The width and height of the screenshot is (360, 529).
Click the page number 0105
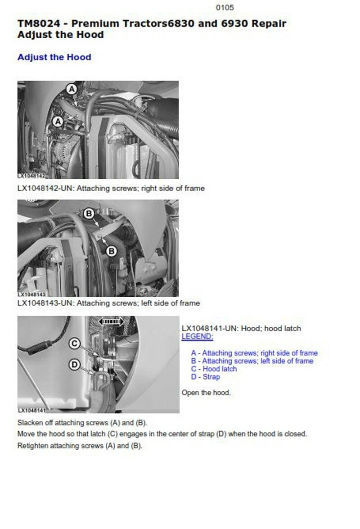pos(225,7)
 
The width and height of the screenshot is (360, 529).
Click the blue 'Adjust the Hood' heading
pos(54,57)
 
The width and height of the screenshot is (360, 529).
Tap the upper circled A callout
pos(72,90)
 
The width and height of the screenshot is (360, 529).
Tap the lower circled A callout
pos(58,122)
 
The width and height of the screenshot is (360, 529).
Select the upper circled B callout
pos(89,213)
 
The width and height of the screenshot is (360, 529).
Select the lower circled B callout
pos(111,251)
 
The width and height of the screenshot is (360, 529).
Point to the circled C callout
pos(75,344)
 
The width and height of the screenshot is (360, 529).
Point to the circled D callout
pos(75,364)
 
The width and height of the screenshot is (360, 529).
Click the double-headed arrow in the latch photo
pos(111,321)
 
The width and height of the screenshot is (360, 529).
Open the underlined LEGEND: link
pos(197,336)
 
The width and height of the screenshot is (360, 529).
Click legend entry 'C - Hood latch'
pos(214,369)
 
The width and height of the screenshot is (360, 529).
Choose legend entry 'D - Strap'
pos(205,377)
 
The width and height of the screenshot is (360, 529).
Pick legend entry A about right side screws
pos(254,353)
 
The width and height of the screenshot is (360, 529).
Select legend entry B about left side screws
pos(252,361)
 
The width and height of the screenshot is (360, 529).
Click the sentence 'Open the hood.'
pos(206,393)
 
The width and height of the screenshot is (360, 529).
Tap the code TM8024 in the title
pos(39,23)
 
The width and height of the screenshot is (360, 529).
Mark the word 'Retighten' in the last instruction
pos(33,446)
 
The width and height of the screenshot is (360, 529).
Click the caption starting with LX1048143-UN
pos(108,303)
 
